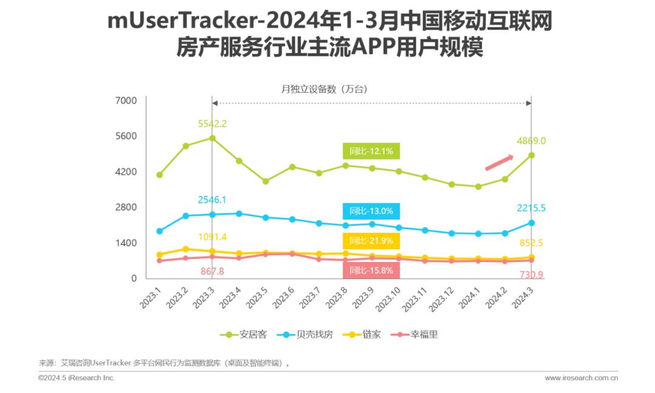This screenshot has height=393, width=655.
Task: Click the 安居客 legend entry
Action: [246, 334]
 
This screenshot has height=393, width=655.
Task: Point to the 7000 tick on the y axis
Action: [126, 101]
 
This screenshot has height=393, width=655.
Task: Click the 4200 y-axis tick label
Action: [126, 172]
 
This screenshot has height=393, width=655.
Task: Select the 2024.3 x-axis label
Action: [523, 296]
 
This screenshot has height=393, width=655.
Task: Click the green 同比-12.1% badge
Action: [372, 152]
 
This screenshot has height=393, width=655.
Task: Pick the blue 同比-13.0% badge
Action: [372, 211]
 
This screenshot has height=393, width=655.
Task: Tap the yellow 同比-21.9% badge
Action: [372, 241]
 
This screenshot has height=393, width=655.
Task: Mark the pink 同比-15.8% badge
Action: [372, 270]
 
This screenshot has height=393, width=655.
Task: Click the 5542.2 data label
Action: [212, 124]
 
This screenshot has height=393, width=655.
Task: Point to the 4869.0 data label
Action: [531, 141]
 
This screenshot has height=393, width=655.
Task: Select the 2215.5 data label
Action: [531, 208]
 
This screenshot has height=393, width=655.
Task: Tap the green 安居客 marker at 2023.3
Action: [212, 138]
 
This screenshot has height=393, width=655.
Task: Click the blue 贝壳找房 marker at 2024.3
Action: [531, 223]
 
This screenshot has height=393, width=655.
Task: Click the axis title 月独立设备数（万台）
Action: [324, 89]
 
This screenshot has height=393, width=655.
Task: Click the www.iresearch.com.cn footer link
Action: [581, 378]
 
